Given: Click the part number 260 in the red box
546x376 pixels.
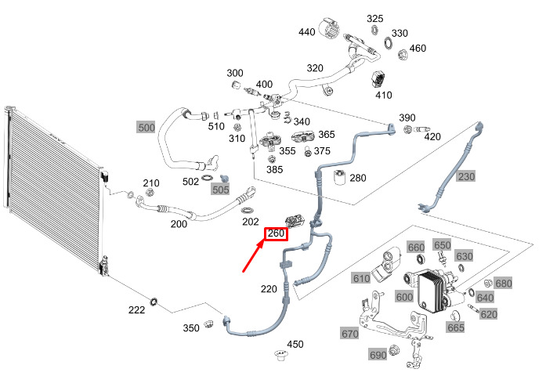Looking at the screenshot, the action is (277, 233).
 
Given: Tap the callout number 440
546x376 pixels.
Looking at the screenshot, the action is (307, 32).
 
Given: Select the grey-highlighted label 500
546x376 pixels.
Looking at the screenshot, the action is (146, 128).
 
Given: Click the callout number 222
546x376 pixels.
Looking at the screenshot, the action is (136, 310).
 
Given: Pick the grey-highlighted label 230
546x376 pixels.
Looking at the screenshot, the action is (466, 176).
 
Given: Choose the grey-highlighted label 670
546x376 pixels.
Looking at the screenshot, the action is (350, 334).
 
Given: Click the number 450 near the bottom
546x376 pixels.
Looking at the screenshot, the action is (295, 345).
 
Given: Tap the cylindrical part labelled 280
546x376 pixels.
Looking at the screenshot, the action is (339, 177).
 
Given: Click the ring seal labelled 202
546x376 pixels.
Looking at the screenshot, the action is (248, 210).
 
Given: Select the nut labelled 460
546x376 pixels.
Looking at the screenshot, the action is (402, 55).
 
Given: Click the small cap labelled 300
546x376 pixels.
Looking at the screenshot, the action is (237, 85).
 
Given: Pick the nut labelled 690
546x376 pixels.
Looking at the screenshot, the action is (393, 350).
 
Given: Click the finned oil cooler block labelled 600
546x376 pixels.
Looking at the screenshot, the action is (432, 290).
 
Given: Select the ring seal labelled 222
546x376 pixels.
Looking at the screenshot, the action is (154, 302).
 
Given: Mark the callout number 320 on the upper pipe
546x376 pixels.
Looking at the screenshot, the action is (315, 68).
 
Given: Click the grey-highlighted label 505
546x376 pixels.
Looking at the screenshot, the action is (221, 190).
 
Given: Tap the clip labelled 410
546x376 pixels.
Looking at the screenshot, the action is (378, 80).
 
